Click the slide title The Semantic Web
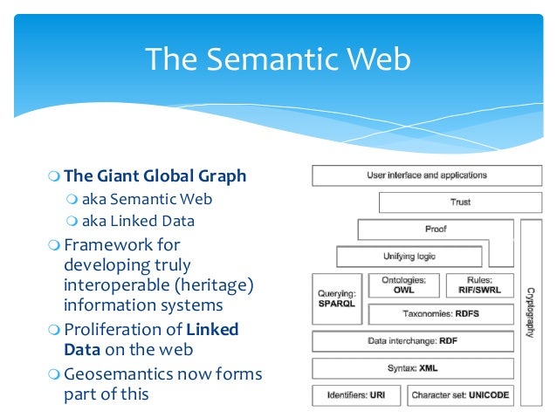[x=278, y=59]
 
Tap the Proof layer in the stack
[x=436, y=230]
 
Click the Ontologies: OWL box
[x=403, y=285]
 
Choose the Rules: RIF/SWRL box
[x=479, y=285]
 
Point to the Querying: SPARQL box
[x=337, y=299]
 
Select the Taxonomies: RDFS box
[x=441, y=313]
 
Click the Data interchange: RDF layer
[x=413, y=341]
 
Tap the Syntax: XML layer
[x=413, y=368]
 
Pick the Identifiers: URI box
[x=356, y=395]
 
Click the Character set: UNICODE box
[x=460, y=395]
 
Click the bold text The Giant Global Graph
[x=155, y=176]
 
